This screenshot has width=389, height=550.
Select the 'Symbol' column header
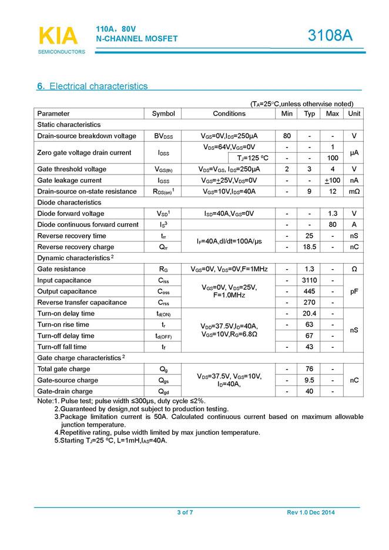pyautogui.click(x=163, y=113)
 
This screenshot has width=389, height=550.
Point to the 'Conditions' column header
pyautogui.click(x=229, y=113)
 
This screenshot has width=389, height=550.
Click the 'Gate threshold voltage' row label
pyautogui.click(x=72, y=169)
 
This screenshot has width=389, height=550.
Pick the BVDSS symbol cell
pyautogui.click(x=163, y=136)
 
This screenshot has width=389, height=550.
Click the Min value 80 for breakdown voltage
pyautogui.click(x=287, y=136)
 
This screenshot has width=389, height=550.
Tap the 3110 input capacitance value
pyautogui.click(x=310, y=280)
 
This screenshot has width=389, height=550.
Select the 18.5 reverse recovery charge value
pyautogui.click(x=310, y=247)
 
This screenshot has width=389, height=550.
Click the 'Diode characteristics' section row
pyautogui.click(x=70, y=203)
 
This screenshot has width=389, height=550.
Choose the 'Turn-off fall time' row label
pyautogui.click(x=62, y=347)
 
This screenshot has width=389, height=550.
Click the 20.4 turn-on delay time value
pyautogui.click(x=310, y=314)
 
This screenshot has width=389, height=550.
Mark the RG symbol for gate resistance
pyautogui.click(x=163, y=269)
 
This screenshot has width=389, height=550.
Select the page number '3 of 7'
pyautogui.click(x=185, y=513)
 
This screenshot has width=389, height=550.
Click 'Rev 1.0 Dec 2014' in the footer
pyautogui.click(x=311, y=513)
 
